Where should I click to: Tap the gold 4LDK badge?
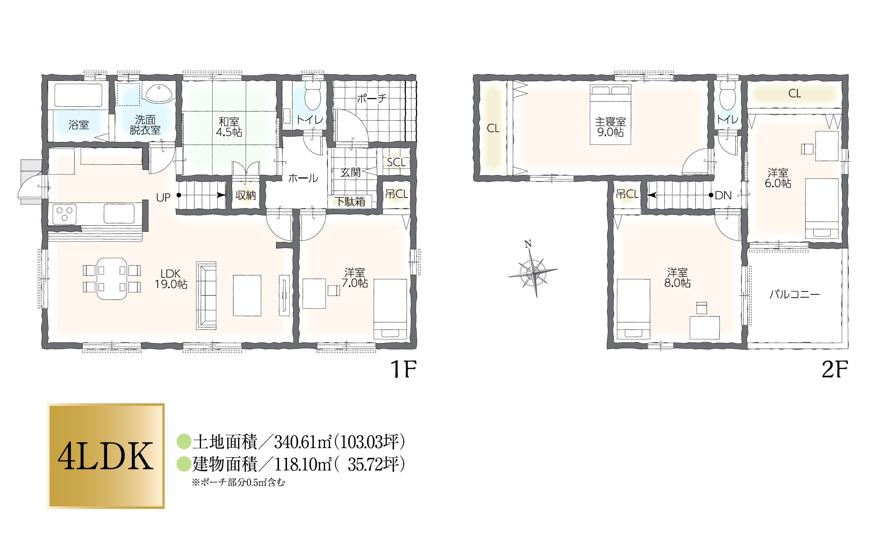coord(106,456)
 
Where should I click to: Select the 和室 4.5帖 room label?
coord(229,126)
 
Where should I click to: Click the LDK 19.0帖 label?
coord(170,279)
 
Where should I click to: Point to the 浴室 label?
coord(79,125)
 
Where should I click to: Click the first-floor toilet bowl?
coord(312,96)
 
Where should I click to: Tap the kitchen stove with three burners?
coord(64,213)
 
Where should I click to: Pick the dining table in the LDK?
coord(112,278)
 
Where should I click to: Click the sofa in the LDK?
coord(206,295)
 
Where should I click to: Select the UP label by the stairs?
coord(163,197)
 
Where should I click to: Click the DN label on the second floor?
coord(723,196)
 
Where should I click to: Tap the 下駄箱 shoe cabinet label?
coord(350,202)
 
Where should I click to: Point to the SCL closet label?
coord(396,162)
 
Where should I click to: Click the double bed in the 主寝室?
coord(610,114)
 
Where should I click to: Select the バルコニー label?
coord(794,294)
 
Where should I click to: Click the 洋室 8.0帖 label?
coord(677,278)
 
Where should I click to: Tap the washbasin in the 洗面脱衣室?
coord(158,93)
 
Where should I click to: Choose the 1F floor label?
coord(403,369)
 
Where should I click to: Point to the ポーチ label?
coord(371,98)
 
